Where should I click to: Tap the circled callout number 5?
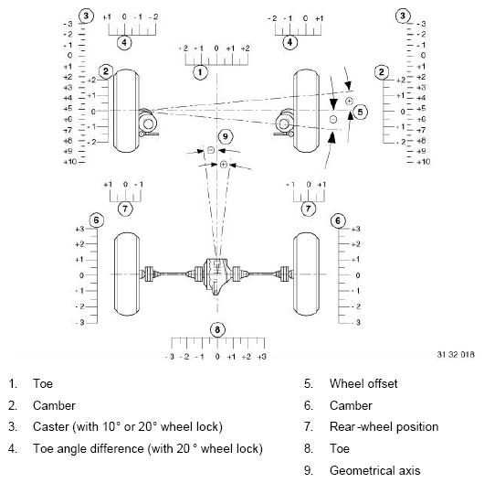click(361, 111)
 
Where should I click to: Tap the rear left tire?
click(126, 274)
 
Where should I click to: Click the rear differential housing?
click(216, 273)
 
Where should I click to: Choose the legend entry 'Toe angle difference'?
click(148, 448)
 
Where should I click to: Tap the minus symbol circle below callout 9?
click(210, 149)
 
